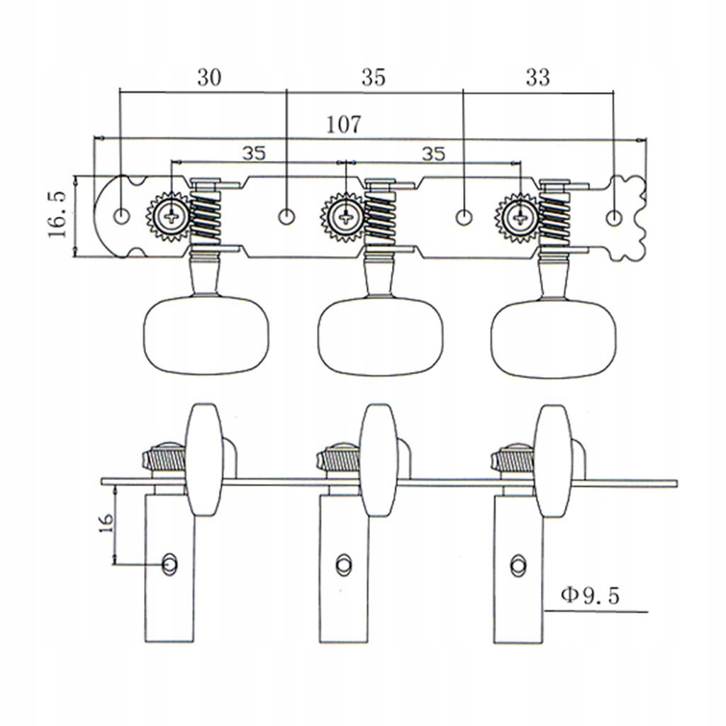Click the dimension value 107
coord(344,124)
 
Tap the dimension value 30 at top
coord(208,77)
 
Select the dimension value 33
coord(537,77)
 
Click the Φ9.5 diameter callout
coord(590,596)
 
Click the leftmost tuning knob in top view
coord(206,336)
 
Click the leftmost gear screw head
coord(171,215)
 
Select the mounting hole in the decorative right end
coord(615,215)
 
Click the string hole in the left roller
coord(170,564)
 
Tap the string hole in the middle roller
coord(344,564)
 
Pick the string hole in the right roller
coord(518,564)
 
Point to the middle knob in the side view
coord(378,460)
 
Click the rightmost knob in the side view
coord(552,460)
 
